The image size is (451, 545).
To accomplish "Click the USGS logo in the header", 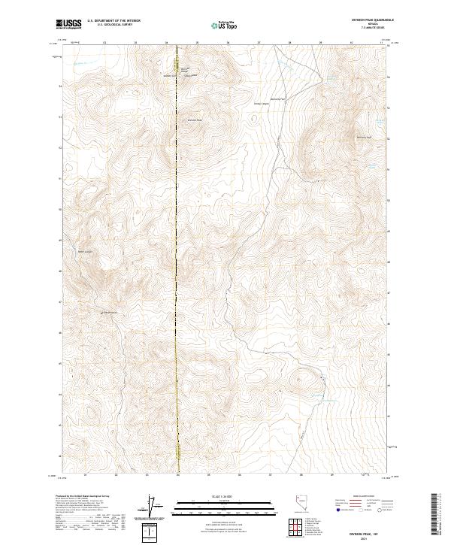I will click(68, 25).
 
